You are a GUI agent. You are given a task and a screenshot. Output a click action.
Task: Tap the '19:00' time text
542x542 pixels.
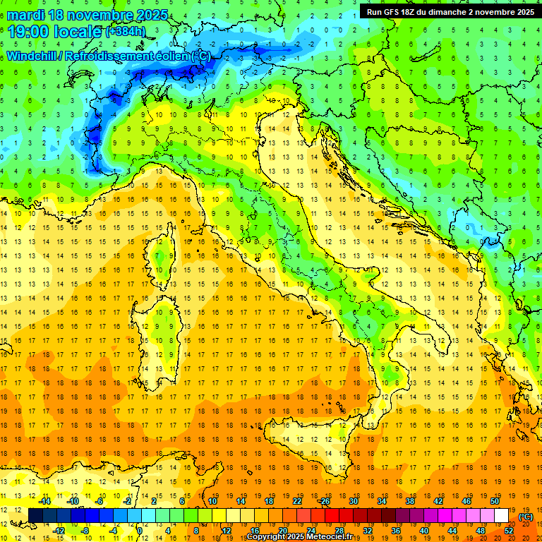(x=28, y=32)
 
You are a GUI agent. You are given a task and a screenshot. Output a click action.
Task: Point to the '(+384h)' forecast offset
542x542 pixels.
(x=126, y=32)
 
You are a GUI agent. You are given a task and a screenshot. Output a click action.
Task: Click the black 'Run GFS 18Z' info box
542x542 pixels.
(x=450, y=11)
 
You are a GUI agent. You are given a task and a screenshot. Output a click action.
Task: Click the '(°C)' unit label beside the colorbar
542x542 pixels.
(x=526, y=517)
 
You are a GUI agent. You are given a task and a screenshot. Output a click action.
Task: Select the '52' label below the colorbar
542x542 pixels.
(x=509, y=530)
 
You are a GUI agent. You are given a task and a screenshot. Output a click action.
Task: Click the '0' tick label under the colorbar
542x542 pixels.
(x=140, y=530)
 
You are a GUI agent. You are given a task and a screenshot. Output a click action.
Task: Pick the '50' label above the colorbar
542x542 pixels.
(x=495, y=501)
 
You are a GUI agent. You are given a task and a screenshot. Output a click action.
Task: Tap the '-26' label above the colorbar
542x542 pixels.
(x=324, y=501)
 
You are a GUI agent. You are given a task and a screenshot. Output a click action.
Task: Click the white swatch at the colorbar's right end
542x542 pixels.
(x=501, y=515)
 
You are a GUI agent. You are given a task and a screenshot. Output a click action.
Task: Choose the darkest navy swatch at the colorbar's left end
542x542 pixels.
(x=35, y=515)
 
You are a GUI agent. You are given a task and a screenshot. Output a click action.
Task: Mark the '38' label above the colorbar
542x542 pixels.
(x=409, y=501)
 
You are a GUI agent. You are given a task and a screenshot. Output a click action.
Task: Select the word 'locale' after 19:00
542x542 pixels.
(x=79, y=32)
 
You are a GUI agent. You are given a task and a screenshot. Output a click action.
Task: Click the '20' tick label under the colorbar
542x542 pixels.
(x=282, y=530)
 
